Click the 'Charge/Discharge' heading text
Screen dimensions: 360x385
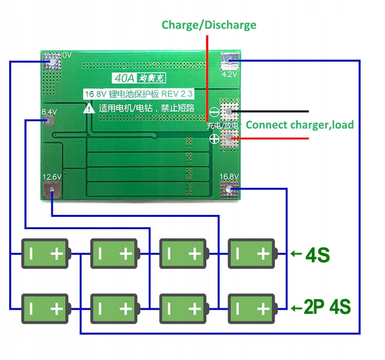coord(209,25)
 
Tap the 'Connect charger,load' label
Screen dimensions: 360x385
coord(300,124)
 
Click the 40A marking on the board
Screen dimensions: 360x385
coord(123,78)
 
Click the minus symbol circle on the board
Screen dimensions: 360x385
coord(214,112)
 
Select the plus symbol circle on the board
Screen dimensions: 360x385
coord(214,138)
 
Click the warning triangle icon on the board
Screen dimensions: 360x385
coord(89,108)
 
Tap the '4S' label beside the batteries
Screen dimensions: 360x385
coord(317,255)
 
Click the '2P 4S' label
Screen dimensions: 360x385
coord(327,307)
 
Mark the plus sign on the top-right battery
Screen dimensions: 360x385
coord(263,253)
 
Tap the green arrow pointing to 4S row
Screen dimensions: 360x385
coord(296,253)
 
